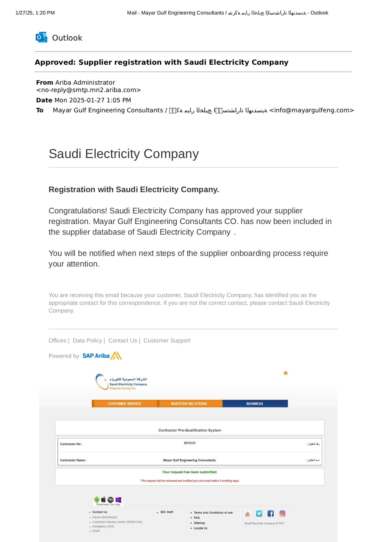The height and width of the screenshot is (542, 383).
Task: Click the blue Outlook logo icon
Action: [42, 37]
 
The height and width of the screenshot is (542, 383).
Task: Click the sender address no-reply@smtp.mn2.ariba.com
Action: [89, 90]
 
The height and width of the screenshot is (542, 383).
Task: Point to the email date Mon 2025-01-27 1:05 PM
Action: [93, 100]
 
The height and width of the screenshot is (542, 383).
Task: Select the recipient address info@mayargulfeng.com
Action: [312, 110]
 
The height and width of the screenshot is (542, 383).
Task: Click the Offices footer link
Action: [57, 341]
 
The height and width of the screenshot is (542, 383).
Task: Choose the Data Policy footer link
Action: [87, 341]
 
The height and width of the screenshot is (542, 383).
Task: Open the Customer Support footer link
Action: [167, 341]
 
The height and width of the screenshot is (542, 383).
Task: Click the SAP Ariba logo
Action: [102, 356]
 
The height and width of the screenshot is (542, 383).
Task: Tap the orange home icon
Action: [285, 373]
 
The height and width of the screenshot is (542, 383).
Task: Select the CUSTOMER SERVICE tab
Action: [124, 404]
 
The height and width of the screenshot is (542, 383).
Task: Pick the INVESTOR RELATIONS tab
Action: [189, 404]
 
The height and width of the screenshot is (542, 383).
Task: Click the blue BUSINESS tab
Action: [255, 404]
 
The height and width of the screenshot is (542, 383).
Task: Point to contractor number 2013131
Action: [190, 443]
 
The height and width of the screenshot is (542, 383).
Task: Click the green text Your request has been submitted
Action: [190, 472]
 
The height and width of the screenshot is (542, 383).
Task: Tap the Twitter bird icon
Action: [259, 513]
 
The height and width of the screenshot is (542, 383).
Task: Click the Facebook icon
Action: [271, 513]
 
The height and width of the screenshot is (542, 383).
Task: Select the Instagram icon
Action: [282, 513]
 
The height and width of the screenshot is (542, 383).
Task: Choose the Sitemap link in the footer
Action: [199, 523]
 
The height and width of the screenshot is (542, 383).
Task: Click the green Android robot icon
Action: [97, 500]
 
